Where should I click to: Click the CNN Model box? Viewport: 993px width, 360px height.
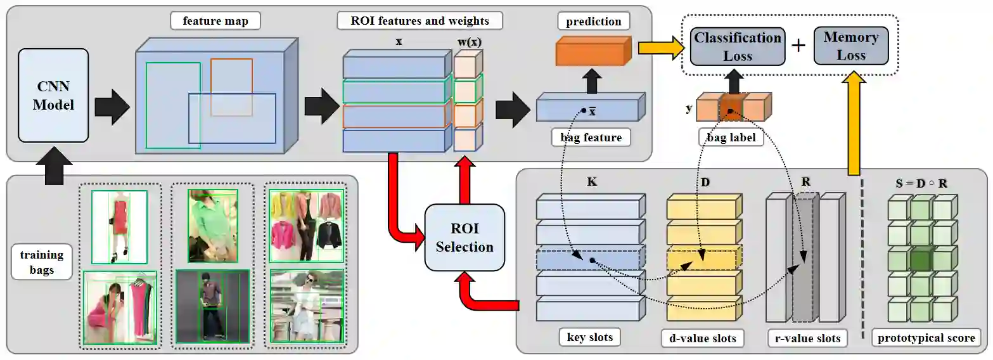tap(54, 96)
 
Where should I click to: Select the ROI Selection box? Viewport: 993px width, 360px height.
tap(464, 238)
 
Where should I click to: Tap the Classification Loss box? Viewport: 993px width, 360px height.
tap(738, 46)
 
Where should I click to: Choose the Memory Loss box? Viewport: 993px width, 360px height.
tap(850, 46)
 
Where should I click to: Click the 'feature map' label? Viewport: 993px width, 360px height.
tap(215, 21)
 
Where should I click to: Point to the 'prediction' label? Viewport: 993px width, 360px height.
tap(594, 21)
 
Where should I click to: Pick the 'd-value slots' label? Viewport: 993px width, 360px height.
tap(702, 338)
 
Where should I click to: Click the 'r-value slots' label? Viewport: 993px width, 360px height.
tap(807, 338)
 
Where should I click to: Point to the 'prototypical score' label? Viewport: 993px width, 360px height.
tap(926, 338)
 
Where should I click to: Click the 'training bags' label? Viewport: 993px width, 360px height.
tap(42, 262)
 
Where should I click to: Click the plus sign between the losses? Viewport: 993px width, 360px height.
tap(800, 46)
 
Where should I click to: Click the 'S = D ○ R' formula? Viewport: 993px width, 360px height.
tap(921, 183)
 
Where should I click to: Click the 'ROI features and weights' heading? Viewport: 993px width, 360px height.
tap(420, 21)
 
